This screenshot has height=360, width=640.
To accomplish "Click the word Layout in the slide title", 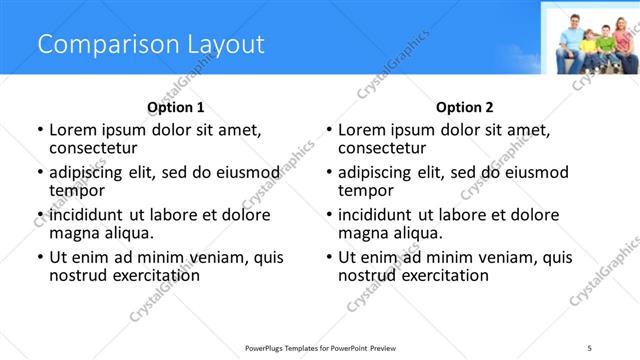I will tap(225, 44).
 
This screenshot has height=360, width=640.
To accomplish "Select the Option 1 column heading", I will tap(175, 107).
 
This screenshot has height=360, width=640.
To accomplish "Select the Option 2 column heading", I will tap(464, 107).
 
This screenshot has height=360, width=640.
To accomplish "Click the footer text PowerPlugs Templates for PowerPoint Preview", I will tap(320, 347).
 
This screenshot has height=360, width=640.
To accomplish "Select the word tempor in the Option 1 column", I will tap(76, 190).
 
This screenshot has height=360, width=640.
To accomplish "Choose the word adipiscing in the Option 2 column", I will tap(376, 172).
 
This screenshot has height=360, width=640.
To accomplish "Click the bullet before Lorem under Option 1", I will tap(40, 131).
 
